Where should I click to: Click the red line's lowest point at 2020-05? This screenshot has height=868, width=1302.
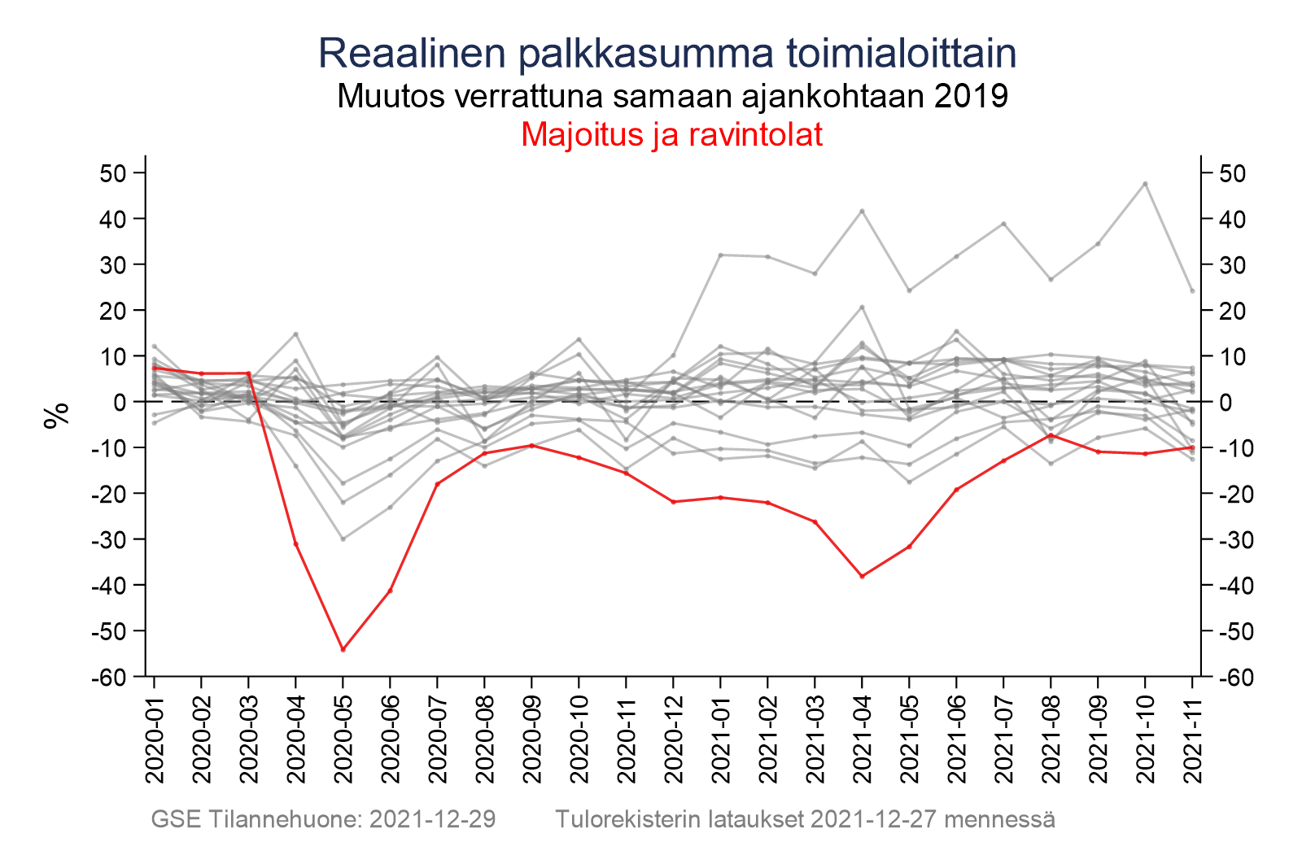(343, 649)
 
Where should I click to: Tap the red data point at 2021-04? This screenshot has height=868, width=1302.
(862, 576)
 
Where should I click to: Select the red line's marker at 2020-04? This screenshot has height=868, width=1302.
(296, 543)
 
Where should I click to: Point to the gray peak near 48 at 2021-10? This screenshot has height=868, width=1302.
(1145, 184)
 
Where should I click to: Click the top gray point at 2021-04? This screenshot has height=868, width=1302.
(862, 212)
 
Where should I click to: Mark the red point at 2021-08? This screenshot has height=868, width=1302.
(1051, 435)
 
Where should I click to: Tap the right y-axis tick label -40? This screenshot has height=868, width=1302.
(1231, 586)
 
